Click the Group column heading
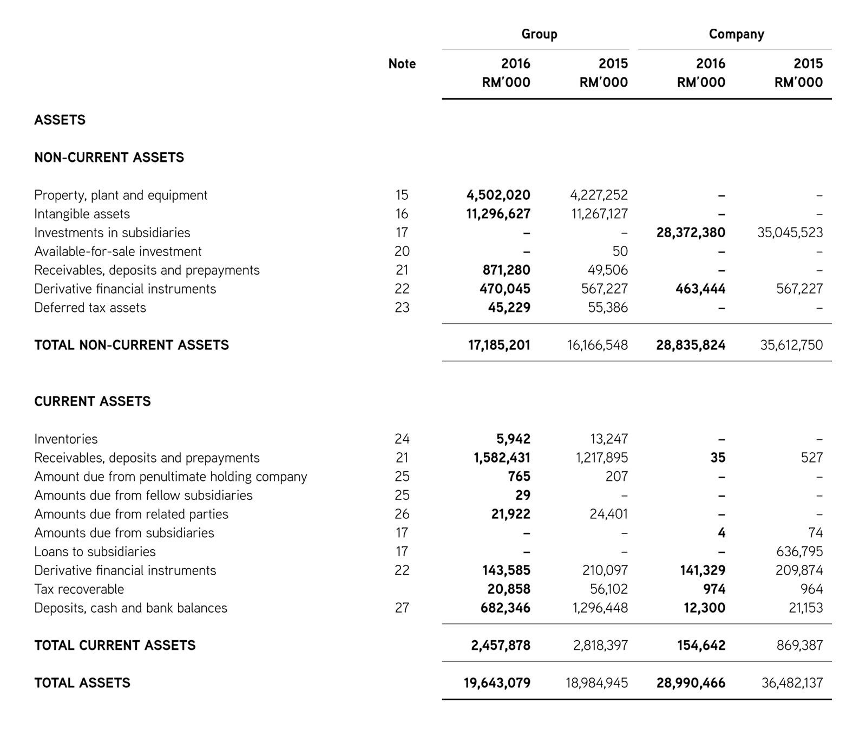(539, 34)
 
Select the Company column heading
(736, 34)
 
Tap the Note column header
(402, 64)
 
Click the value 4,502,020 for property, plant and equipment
(498, 195)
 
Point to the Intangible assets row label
(82, 214)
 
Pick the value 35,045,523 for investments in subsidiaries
(790, 233)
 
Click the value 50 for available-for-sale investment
(620, 251)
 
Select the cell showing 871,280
(506, 270)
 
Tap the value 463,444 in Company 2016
(700, 289)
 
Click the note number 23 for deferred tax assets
(402, 308)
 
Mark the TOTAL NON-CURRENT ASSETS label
(132, 345)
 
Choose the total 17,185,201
(499, 345)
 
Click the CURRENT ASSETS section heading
(93, 401)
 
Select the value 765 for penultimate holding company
(519, 477)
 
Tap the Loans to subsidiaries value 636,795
(799, 551)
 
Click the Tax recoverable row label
(79, 589)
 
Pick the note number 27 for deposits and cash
(402, 608)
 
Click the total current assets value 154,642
(700, 646)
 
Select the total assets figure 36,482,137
(792, 683)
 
